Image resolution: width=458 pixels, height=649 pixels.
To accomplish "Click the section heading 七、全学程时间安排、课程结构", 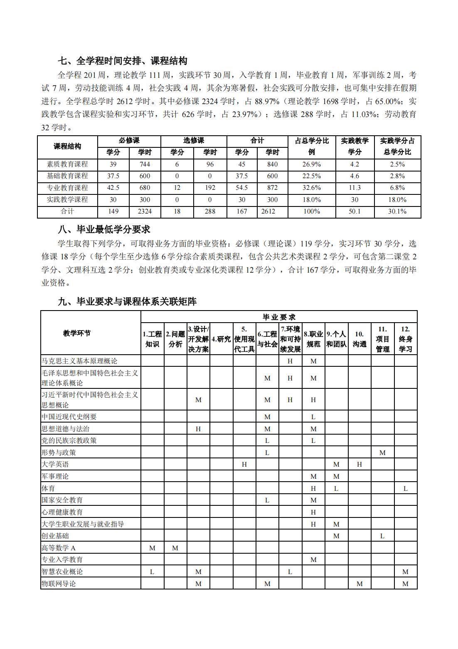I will (x=122, y=61).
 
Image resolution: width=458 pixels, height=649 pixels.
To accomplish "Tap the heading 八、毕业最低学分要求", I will (x=104, y=229).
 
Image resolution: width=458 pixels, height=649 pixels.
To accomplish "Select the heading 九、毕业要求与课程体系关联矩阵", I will (x=127, y=302).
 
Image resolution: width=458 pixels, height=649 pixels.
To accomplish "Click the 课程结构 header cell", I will (x=67, y=147).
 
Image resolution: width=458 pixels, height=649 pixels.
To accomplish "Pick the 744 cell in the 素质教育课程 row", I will (x=145, y=164).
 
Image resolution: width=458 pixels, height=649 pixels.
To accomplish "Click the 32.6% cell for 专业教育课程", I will (x=312, y=188).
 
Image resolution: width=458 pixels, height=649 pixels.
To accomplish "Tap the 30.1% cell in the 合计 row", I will (x=397, y=211).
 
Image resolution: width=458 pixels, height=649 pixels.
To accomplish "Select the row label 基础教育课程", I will (x=67, y=176).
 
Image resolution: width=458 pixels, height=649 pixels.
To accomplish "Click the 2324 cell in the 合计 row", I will (x=145, y=211).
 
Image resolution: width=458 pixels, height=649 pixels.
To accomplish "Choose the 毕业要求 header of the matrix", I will (x=279, y=317).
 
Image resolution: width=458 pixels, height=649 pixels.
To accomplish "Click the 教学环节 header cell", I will (x=77, y=333).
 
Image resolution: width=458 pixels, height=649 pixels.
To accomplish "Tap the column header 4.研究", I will (x=221, y=339).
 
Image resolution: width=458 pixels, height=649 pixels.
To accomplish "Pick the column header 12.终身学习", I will (x=405, y=339).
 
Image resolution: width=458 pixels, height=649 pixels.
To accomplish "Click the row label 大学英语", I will (x=55, y=464).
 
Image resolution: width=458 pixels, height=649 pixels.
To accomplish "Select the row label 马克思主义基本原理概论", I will (x=79, y=361).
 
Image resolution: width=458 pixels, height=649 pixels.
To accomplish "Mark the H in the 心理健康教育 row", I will (x=313, y=512).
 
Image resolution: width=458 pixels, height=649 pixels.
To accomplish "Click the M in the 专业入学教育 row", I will (x=313, y=559).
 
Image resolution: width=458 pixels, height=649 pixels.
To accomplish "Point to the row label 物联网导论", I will (x=59, y=584).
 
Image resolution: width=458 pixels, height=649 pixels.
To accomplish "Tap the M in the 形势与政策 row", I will (x=382, y=453).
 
